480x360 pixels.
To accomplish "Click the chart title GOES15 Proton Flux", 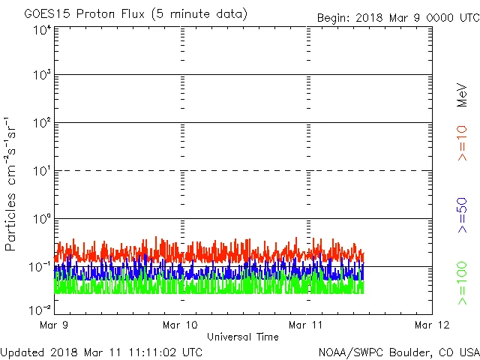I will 135,14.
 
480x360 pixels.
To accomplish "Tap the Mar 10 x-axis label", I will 181,325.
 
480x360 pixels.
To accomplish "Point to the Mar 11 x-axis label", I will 306,325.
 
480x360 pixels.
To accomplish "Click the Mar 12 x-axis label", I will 431,325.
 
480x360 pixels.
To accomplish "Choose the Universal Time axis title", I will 242,337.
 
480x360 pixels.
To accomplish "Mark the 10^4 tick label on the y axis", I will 42,31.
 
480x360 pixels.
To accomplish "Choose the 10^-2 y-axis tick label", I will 40,309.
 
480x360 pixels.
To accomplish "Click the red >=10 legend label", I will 462,142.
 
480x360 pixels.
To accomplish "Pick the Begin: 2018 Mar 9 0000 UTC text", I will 397,17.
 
